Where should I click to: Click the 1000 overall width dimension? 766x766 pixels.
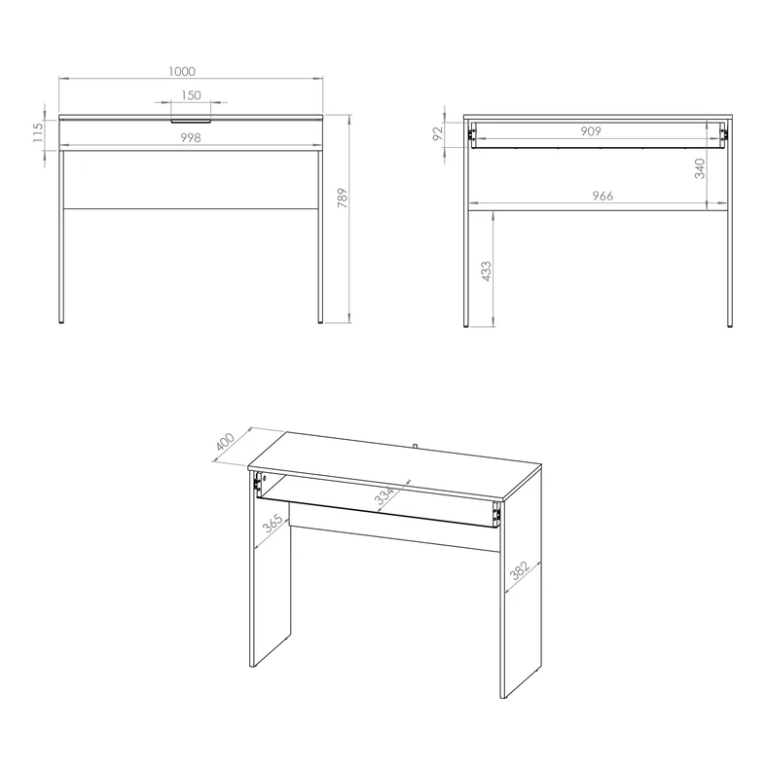[x=182, y=71]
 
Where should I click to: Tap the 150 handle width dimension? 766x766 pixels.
[x=191, y=95]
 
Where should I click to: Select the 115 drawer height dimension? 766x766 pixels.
[x=38, y=132]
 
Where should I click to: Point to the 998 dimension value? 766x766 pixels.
[x=191, y=138]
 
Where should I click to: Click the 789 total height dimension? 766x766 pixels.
[x=343, y=198]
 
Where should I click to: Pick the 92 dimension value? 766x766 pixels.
[x=437, y=133]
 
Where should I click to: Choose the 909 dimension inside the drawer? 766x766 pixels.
[x=591, y=131]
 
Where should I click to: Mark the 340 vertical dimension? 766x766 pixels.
[x=700, y=168]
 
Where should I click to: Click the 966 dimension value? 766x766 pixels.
[x=602, y=196]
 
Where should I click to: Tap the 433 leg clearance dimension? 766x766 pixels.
[x=487, y=272]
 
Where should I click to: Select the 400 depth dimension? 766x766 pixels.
[x=225, y=442]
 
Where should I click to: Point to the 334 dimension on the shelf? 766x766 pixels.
[x=384, y=495]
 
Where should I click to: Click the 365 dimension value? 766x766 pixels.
[x=273, y=524]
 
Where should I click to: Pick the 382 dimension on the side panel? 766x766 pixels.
[x=520, y=569]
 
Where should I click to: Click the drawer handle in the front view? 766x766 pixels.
[x=191, y=120]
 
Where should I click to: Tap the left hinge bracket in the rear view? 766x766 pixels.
[x=472, y=134]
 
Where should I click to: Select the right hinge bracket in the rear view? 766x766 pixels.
[x=723, y=134]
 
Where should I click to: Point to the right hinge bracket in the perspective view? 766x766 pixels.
[x=496, y=514]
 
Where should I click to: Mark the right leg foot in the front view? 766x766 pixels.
[x=320, y=322]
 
